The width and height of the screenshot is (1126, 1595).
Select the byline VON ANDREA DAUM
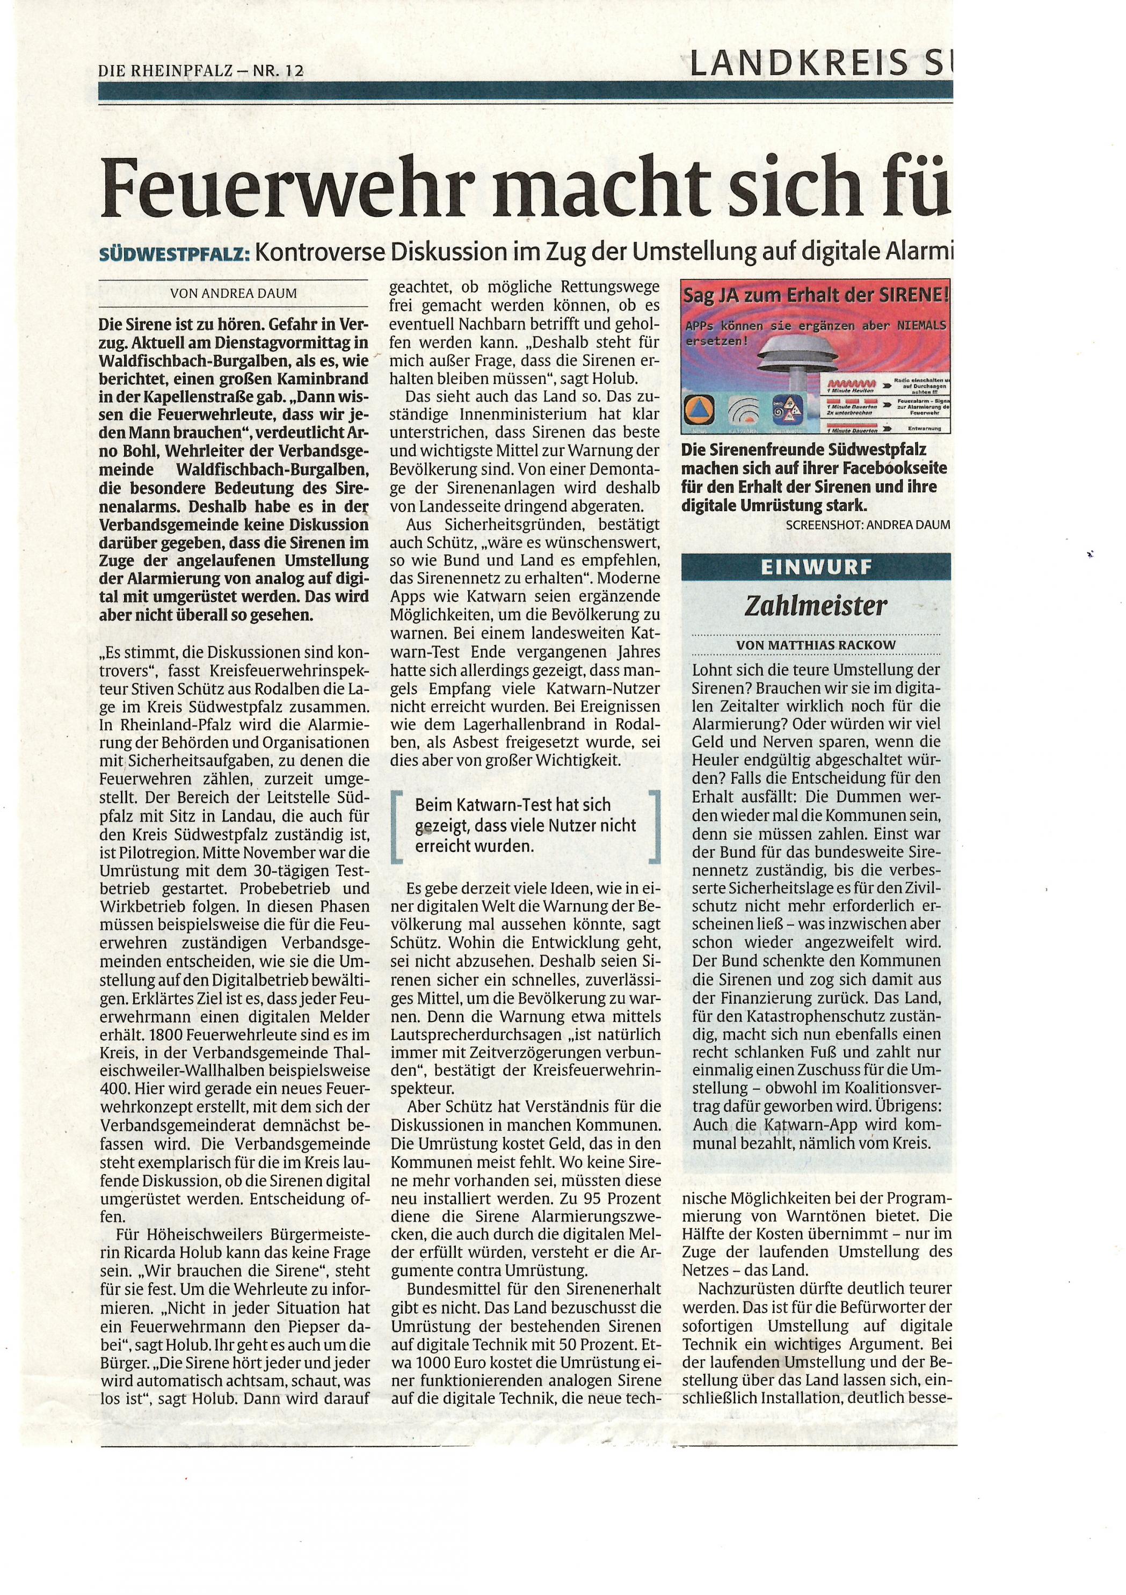pyautogui.click(x=234, y=293)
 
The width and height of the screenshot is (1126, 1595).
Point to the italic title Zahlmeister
pyautogui.click(x=816, y=606)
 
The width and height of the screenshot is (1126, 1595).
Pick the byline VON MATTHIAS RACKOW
pyautogui.click(x=816, y=645)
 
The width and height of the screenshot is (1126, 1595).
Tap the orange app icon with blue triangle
pyautogui.click(x=698, y=411)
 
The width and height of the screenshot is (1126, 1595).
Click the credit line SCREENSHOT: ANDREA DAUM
pyautogui.click(x=868, y=525)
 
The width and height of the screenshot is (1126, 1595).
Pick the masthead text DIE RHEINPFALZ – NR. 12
pyautogui.click(x=201, y=71)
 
